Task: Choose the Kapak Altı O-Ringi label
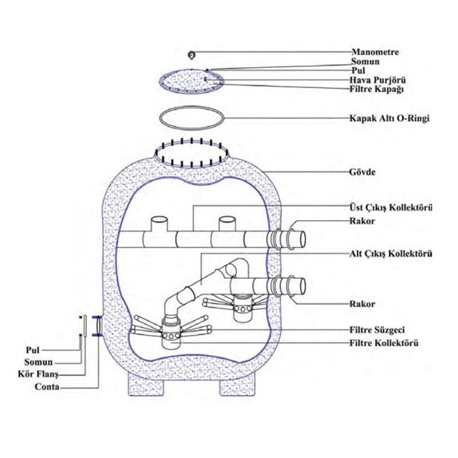(389, 119)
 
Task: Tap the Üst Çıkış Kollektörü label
(390, 207)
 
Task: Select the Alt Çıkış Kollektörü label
(390, 252)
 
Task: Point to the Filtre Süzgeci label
(381, 330)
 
